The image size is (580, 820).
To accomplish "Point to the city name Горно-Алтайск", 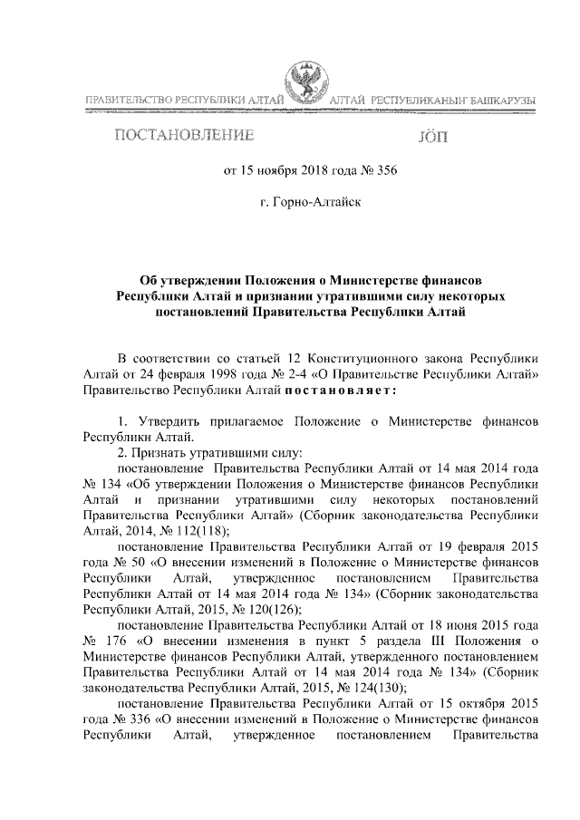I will click(x=310, y=203).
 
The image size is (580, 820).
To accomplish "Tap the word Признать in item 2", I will click(x=166, y=451).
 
